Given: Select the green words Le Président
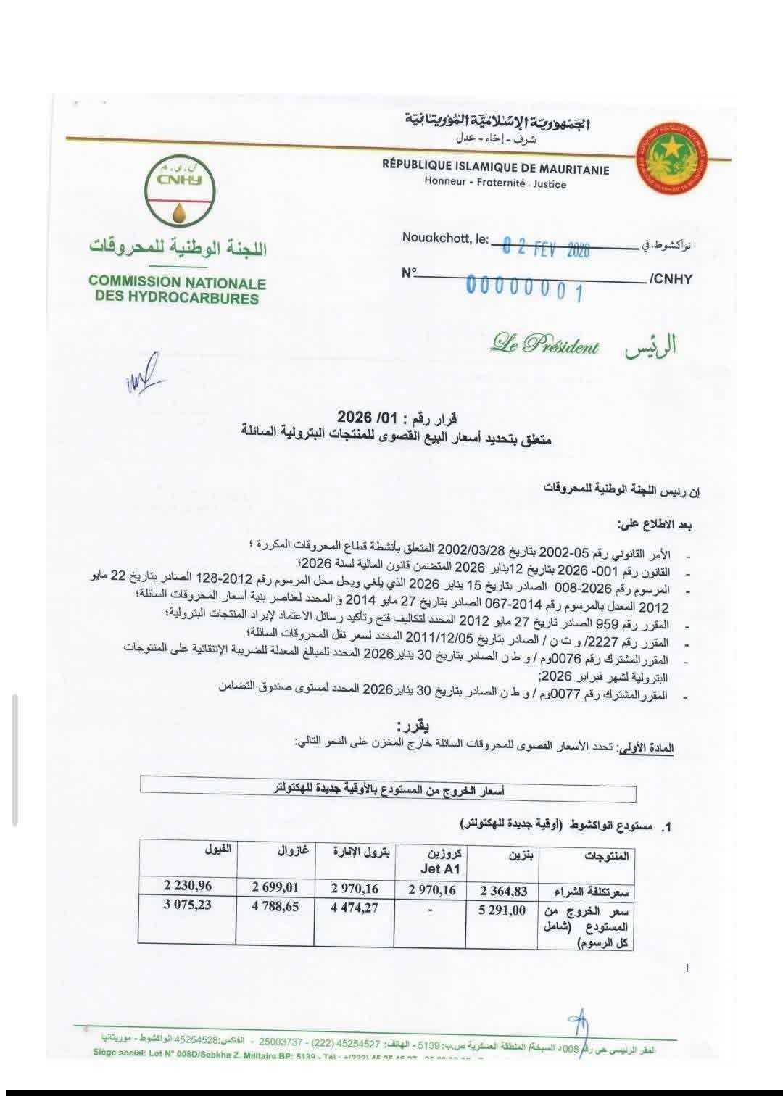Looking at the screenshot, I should [x=544, y=345].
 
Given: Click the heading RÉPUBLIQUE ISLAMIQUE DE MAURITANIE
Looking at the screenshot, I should [x=496, y=168].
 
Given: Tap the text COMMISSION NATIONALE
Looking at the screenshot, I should [x=178, y=283].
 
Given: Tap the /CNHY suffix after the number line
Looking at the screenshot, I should [x=671, y=279].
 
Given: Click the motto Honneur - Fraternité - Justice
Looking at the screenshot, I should [x=495, y=183].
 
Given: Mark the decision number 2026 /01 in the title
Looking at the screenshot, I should [x=388, y=418].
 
